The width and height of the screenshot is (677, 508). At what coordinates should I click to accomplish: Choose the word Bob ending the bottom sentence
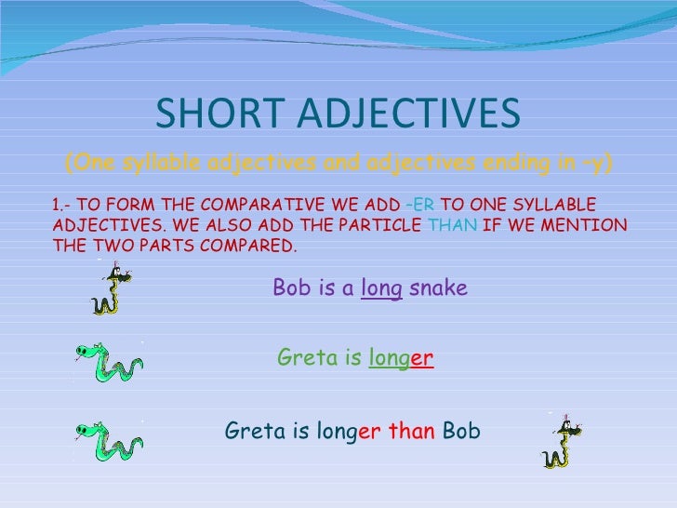click(x=462, y=431)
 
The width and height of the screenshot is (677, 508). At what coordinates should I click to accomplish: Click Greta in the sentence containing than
click(x=252, y=431)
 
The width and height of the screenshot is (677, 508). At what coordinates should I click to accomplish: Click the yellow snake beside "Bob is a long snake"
click(x=112, y=290)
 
